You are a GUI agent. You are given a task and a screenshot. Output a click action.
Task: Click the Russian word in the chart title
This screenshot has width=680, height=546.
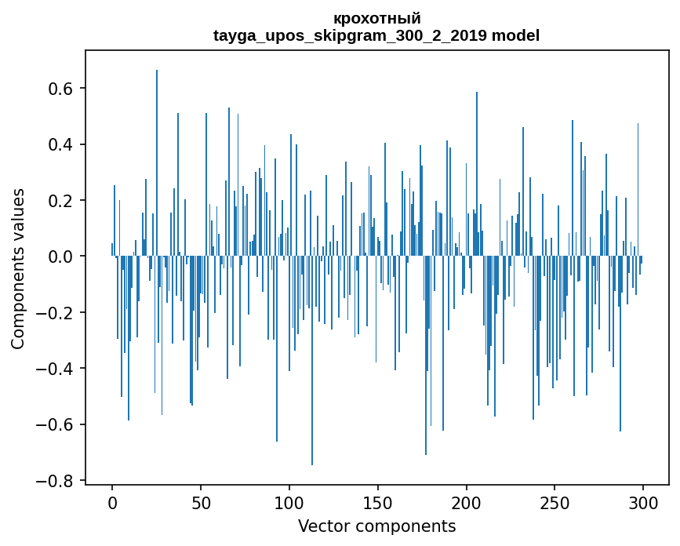[376, 18]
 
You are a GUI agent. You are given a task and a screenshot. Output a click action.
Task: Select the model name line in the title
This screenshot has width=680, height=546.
[376, 35]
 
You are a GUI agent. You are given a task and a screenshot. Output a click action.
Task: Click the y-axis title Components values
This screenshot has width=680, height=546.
[18, 268]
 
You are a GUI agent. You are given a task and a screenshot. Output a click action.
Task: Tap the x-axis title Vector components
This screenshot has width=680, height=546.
[376, 526]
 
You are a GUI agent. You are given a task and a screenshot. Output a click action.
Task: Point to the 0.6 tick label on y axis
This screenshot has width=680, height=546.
[61, 89]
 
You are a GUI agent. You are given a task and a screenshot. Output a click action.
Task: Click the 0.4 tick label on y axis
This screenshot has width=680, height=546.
[61, 144]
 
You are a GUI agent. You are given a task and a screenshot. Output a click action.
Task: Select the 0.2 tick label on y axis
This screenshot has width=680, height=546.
[61, 201]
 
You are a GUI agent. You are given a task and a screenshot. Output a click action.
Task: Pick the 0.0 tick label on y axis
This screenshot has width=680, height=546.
[61, 257]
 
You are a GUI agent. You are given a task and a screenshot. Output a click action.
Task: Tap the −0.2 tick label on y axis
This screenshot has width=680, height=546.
[56, 313]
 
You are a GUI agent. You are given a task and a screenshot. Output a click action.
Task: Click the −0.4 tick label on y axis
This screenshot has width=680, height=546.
[56, 369]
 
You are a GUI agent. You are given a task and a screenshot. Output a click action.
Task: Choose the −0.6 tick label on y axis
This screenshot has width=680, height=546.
[56, 424]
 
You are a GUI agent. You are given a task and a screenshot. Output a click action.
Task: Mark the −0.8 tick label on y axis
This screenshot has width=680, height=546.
[56, 481]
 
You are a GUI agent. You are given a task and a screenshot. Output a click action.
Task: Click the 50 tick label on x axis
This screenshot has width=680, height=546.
[201, 501]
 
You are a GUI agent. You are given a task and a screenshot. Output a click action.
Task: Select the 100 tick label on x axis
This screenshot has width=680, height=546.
[289, 501]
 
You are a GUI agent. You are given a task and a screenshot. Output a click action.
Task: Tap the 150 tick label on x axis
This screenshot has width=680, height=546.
[378, 501]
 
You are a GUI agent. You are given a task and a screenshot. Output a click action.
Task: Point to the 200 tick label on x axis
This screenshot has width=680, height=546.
[467, 501]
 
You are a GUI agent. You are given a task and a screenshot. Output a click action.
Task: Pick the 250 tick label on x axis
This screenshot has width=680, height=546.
[555, 501]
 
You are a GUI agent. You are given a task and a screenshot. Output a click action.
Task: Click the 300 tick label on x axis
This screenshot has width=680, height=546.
[643, 501]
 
